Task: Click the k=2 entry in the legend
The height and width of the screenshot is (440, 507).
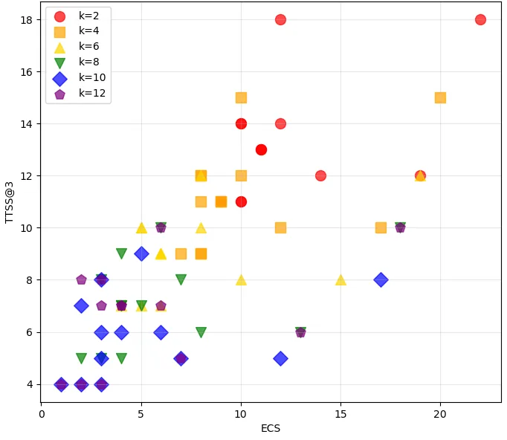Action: point(77,16)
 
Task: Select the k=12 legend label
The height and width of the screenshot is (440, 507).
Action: point(92,93)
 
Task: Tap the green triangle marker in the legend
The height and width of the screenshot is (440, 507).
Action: point(59,62)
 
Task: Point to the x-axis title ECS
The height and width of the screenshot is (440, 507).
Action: point(271,428)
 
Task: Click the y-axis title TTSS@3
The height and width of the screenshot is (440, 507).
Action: point(9,202)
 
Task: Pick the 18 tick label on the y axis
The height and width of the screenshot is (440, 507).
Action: point(27,20)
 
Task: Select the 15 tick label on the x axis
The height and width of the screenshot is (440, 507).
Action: point(340,414)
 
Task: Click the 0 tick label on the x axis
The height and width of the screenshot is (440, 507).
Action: point(42,414)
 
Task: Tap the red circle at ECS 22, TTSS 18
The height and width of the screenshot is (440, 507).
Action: point(480,20)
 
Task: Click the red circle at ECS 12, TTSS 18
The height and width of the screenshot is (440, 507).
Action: point(281,20)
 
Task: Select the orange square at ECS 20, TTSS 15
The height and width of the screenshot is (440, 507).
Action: point(440,97)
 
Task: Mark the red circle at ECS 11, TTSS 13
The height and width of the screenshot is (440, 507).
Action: point(261,149)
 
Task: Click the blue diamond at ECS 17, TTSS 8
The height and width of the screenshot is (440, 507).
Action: point(381,279)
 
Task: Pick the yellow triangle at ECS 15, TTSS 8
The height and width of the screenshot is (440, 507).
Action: point(340,280)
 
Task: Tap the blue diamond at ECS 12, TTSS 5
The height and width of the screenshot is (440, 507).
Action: point(281,358)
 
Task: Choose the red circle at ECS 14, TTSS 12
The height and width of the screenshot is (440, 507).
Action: point(320,176)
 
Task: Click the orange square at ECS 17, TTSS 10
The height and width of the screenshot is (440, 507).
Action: point(381,227)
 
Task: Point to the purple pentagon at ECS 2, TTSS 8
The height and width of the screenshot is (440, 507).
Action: point(81,279)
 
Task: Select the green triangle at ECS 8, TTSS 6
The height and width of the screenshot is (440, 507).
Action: point(201,332)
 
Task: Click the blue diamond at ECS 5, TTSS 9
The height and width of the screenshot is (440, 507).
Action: point(141,253)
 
